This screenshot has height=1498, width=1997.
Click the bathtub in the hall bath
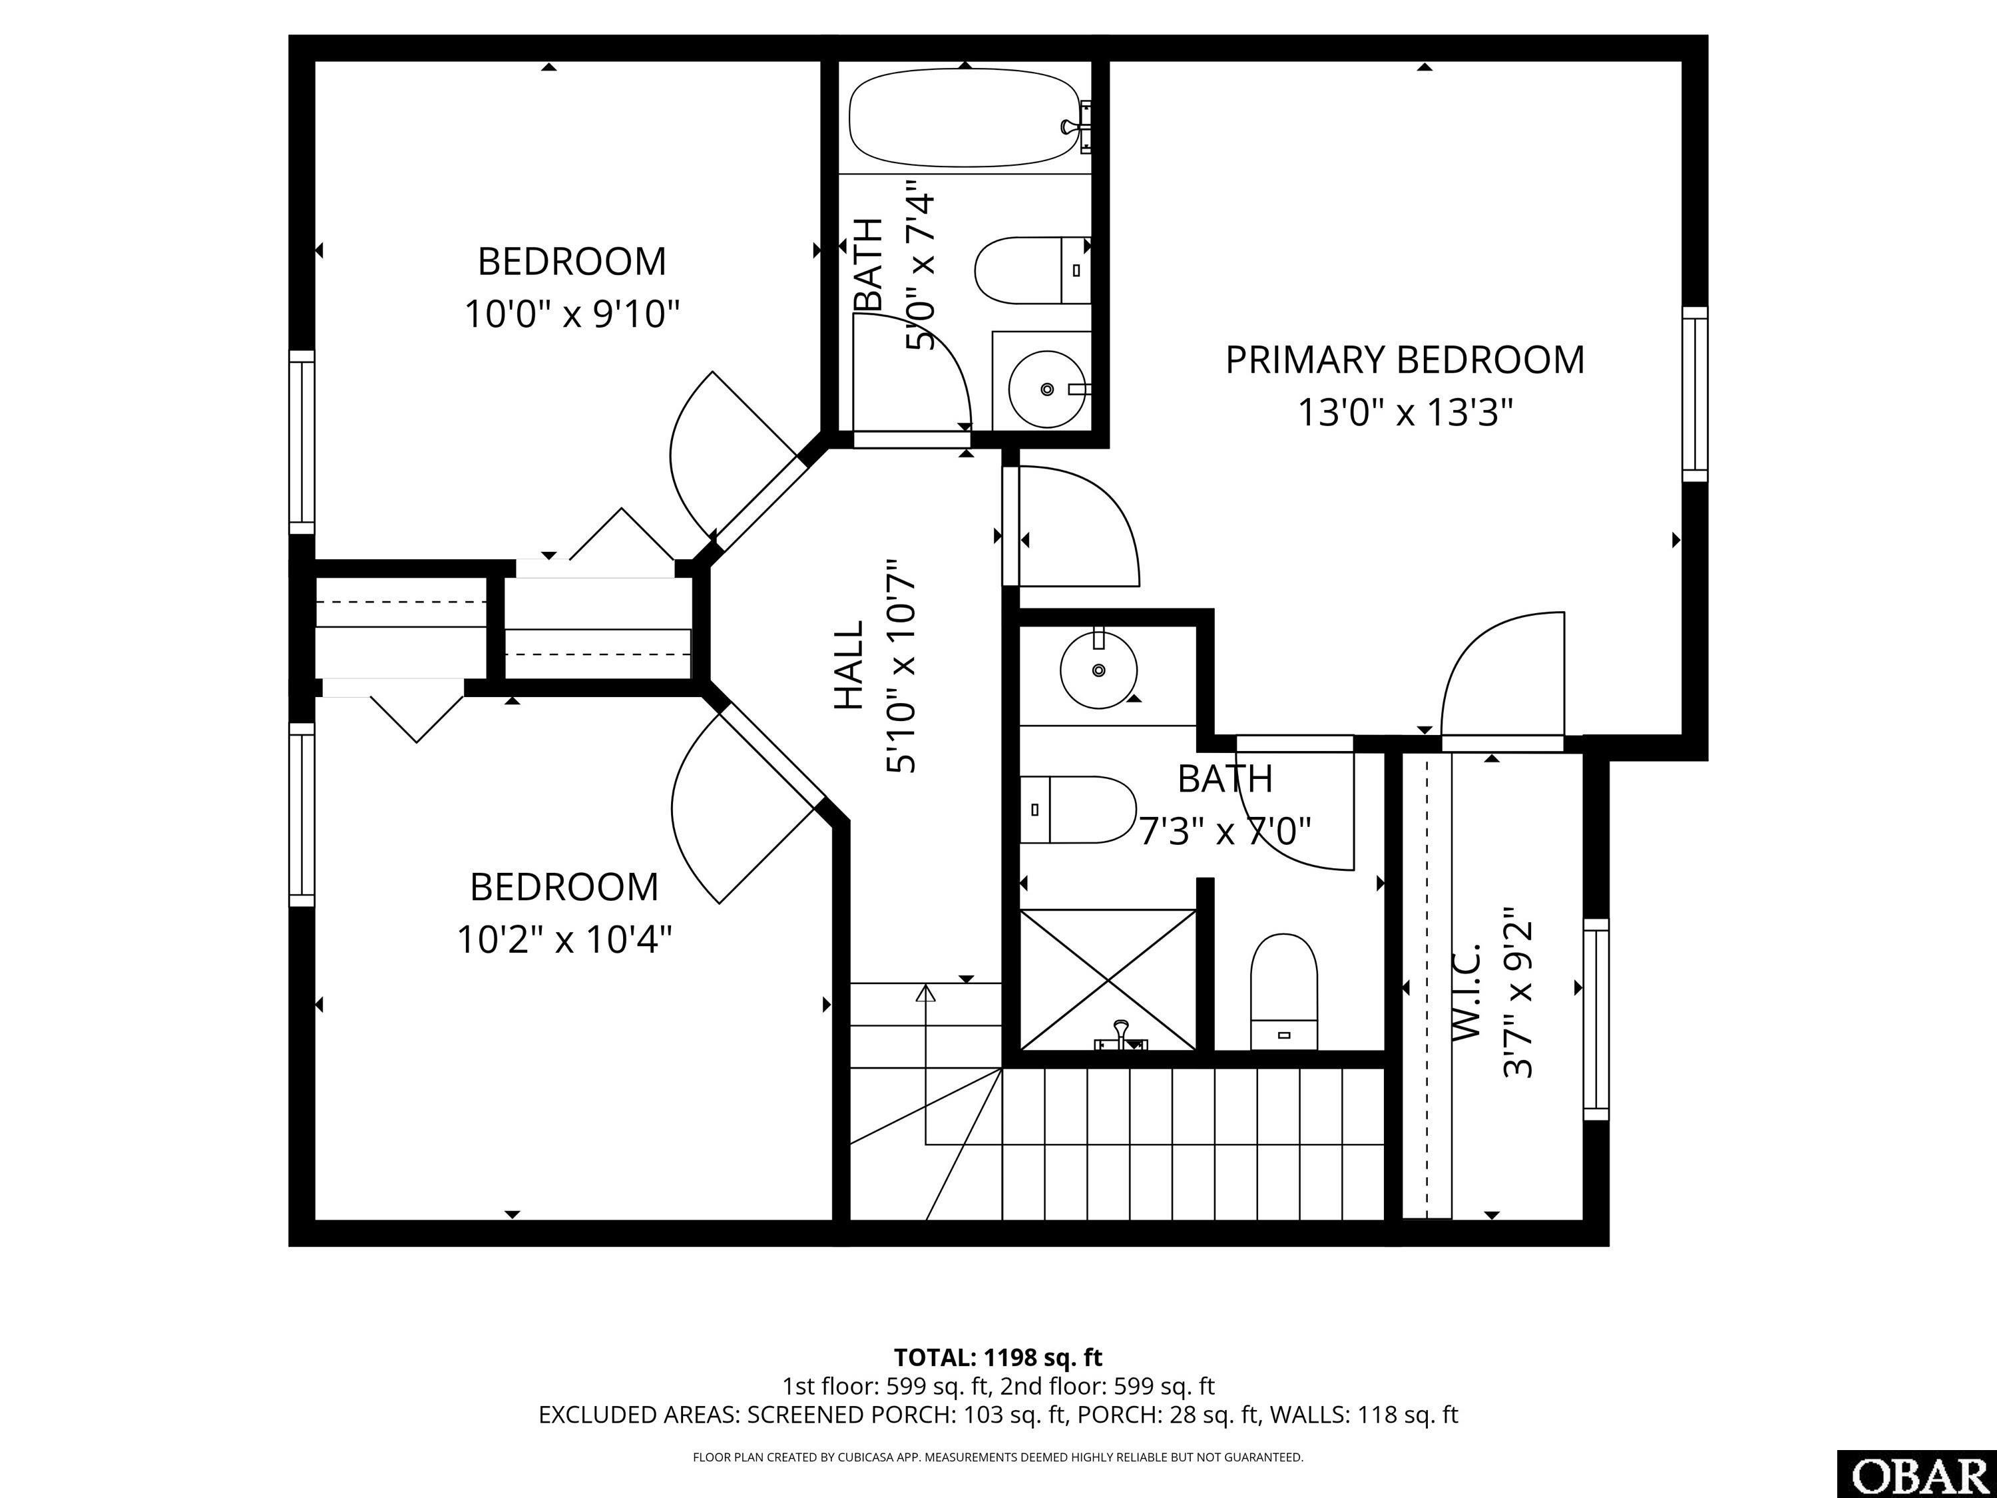point(964,120)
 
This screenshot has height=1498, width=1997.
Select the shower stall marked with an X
point(1108,980)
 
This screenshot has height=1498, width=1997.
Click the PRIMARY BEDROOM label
point(1404,360)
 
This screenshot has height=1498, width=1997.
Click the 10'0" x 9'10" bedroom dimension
point(571,315)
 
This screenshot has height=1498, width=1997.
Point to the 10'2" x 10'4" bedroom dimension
point(564,941)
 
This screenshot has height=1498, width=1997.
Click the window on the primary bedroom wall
point(1695,393)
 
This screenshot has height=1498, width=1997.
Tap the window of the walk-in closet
point(1596,1019)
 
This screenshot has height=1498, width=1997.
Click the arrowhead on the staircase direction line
point(925,994)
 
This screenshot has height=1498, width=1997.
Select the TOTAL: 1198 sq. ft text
point(998,1357)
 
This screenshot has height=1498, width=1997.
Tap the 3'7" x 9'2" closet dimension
point(1518,993)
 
